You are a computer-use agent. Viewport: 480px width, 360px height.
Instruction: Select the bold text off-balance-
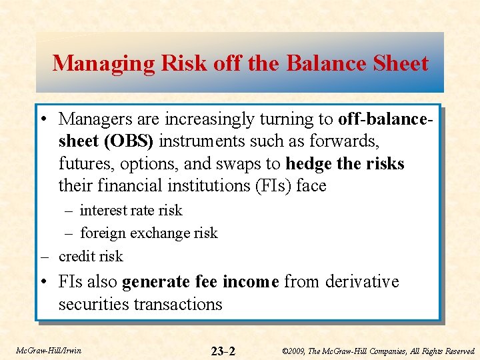386,119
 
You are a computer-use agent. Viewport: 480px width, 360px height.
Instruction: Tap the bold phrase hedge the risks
345,163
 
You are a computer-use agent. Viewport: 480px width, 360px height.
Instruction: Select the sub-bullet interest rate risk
131,211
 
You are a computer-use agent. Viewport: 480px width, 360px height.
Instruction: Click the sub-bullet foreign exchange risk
149,233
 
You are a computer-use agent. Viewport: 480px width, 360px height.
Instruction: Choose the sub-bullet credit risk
91,256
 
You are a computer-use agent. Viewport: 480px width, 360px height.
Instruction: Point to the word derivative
362,282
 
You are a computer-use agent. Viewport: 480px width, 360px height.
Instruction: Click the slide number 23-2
223,351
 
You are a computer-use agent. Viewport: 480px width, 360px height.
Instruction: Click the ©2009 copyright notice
378,351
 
